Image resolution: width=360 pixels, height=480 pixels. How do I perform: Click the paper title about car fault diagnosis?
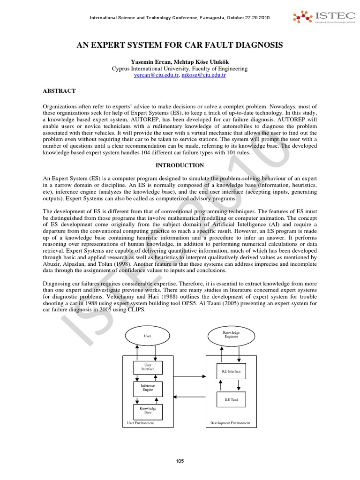[180, 45]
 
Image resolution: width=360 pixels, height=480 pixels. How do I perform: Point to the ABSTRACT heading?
[59, 90]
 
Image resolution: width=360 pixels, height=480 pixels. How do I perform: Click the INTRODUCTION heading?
[180, 165]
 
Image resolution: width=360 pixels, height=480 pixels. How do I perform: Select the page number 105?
[180, 461]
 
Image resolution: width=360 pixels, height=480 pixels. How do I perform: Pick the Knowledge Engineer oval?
[231, 335]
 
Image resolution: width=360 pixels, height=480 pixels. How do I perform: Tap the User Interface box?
[148, 367]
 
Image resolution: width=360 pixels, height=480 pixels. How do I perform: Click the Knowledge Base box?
[148, 410]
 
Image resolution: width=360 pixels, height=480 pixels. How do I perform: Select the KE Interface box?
[231, 371]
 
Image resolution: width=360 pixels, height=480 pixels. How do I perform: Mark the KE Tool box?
[231, 400]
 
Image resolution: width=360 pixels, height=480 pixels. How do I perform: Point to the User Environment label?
[141, 423]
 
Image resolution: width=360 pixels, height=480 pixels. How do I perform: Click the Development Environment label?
[231, 423]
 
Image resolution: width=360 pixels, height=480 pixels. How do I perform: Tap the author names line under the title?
[180, 61]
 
